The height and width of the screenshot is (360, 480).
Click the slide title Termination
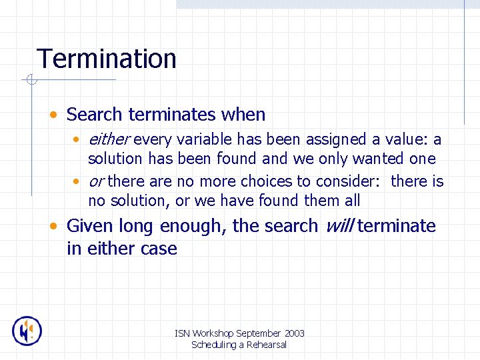107,59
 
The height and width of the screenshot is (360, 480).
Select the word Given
91,226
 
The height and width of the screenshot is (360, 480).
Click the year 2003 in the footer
294,333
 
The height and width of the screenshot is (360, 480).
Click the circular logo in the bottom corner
27,331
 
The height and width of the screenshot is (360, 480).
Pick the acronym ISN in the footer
181,333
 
